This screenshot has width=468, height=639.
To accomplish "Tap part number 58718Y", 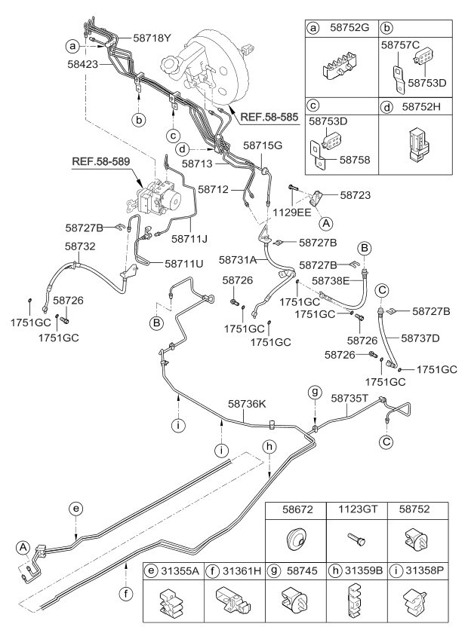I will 152,36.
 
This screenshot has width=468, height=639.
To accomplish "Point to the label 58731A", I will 239,259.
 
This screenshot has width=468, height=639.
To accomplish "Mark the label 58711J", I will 190,239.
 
